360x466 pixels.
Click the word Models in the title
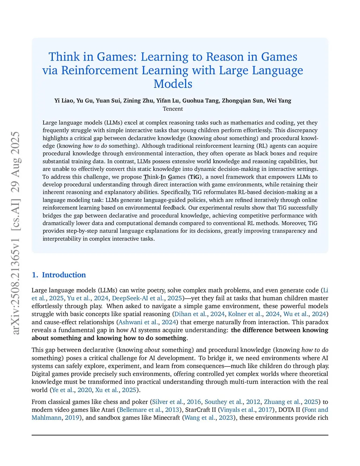(x=173, y=84)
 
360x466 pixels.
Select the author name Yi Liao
(x=64, y=101)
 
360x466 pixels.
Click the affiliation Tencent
(x=173, y=109)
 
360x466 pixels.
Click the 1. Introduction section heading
(x=59, y=275)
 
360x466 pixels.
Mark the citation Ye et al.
(x=63, y=390)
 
